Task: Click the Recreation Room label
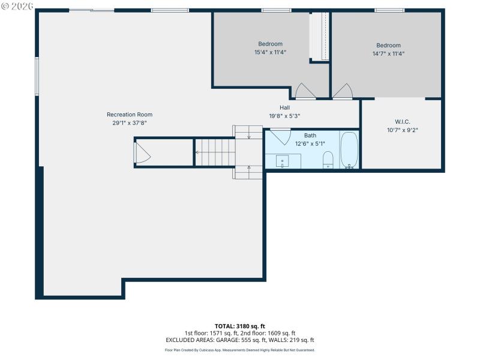[130, 115]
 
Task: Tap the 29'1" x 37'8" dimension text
[130, 122]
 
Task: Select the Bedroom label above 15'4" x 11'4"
[270, 44]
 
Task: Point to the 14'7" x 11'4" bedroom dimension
[388, 53]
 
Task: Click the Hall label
[284, 108]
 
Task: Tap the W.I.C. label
[402, 122]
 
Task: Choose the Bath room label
[310, 136]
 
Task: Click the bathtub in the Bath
[349, 150]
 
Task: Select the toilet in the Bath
[328, 159]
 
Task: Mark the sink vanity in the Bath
[284, 160]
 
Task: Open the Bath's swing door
[280, 136]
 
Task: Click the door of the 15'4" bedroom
[304, 91]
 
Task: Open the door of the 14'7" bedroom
[343, 91]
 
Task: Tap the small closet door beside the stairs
[143, 152]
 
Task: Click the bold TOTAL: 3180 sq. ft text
[239, 326]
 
